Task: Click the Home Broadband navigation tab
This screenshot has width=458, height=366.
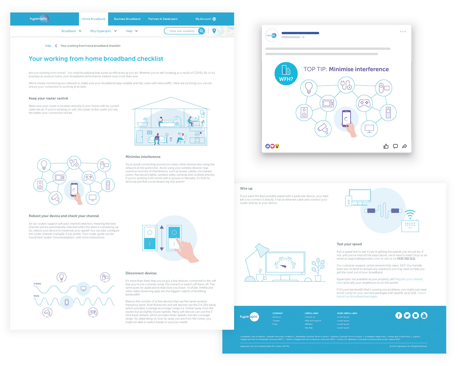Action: point(94,19)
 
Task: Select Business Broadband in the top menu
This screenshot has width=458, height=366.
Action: point(127,19)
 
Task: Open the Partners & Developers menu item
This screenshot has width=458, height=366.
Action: point(163,19)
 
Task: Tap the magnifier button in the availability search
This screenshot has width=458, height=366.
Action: point(201,31)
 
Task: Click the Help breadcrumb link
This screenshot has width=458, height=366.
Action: point(48,46)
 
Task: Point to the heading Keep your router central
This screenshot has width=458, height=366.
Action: point(48,98)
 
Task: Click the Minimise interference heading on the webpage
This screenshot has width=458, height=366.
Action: point(143,157)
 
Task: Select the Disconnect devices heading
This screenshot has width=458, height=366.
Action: point(141,273)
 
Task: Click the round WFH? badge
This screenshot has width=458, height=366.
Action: point(286,73)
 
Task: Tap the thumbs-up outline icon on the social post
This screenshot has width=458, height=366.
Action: point(386,146)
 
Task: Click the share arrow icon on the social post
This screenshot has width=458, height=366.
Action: point(405,146)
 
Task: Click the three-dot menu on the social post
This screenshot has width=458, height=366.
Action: point(403,31)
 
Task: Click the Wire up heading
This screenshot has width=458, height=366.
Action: point(246,189)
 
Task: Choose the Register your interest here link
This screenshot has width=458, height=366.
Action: point(409,279)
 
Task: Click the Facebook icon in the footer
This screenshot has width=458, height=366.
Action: point(399,315)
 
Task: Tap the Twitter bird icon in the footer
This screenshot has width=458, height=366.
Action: point(407,315)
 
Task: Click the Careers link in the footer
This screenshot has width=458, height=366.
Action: point(276,321)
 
